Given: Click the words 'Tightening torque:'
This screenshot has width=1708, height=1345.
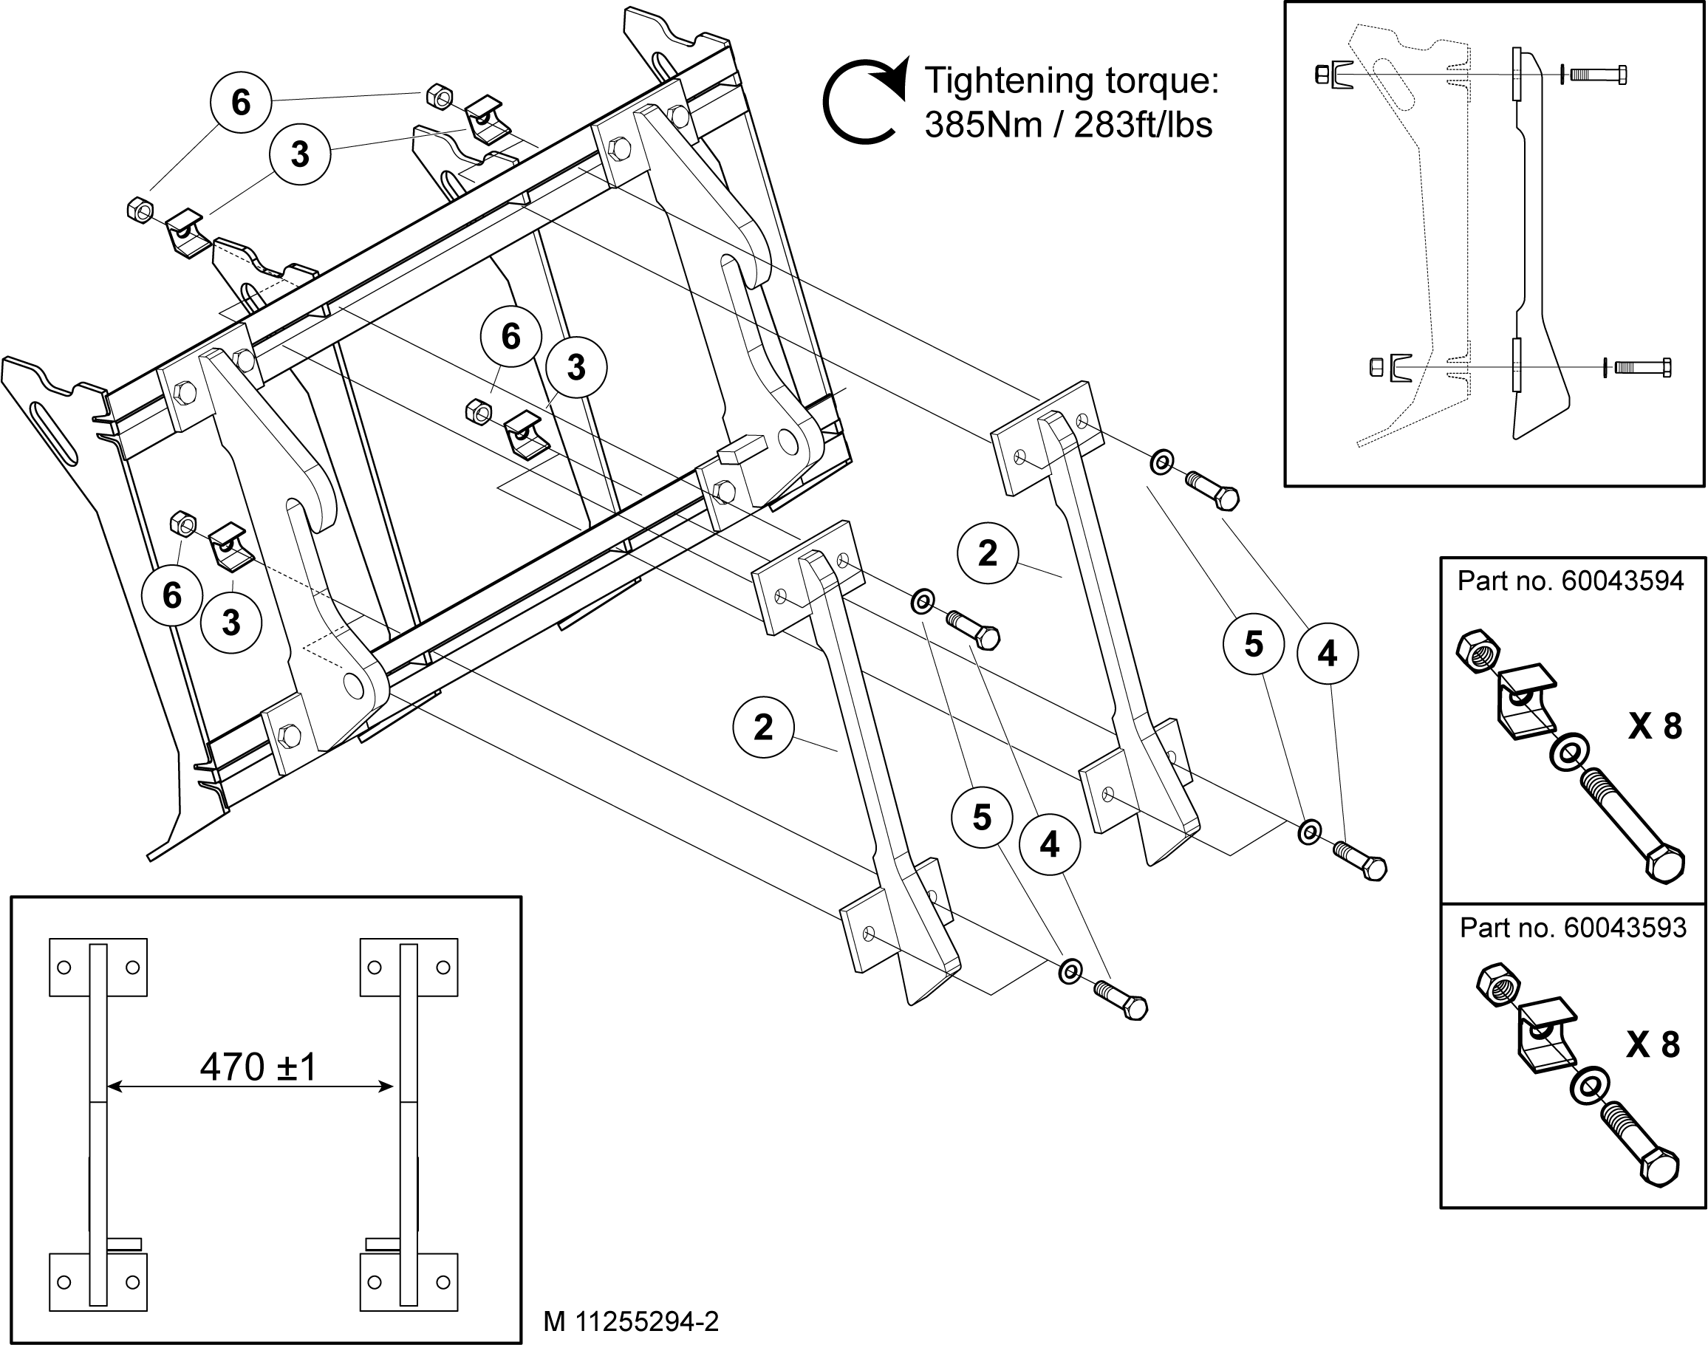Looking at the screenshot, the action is pos(1071,81).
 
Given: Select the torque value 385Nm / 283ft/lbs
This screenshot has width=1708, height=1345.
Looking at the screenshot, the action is pos(1067,124).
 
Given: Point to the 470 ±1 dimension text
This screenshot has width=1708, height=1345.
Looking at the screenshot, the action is pos(258,1067).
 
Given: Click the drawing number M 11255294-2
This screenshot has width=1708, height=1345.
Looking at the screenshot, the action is pos(631,1321).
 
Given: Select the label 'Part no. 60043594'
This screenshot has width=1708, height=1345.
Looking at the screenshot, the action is pos(1570,581).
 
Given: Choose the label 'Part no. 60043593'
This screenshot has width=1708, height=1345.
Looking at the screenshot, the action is pos(1573,928).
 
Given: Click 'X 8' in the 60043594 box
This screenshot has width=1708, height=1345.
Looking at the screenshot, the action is pos(1655,726).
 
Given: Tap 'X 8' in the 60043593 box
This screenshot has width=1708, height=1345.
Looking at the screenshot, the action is pos(1653,1044).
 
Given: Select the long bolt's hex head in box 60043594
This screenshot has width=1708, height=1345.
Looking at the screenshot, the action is pos(1661,865).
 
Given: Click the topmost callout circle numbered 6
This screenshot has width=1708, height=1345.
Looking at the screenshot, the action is pos(241,103).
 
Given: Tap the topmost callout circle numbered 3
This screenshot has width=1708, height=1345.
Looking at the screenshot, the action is pos(300,154).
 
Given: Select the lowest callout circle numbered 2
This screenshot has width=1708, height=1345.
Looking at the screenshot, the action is pos(763,727).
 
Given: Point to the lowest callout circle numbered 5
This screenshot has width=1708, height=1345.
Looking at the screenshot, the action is pos(982,818).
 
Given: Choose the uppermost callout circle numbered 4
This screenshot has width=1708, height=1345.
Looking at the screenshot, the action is pos(1328,654).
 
